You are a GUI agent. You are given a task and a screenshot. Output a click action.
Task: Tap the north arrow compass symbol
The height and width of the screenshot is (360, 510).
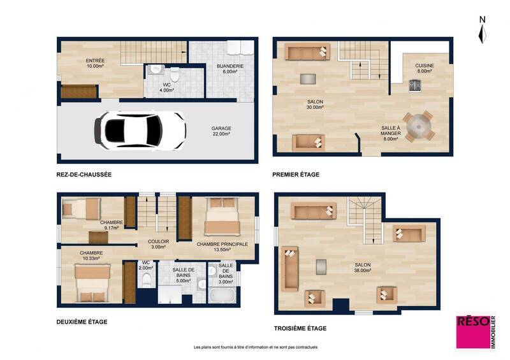[x=482, y=30]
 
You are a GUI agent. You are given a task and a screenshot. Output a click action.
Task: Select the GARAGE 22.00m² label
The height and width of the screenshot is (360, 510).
[x=221, y=131]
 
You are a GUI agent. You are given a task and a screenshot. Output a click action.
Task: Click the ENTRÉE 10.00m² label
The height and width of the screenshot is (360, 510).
[x=95, y=63]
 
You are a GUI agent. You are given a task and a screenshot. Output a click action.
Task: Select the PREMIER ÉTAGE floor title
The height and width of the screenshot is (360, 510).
[x=296, y=174]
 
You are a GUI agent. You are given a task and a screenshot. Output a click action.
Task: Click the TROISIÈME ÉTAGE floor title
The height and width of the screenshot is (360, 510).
[x=300, y=328]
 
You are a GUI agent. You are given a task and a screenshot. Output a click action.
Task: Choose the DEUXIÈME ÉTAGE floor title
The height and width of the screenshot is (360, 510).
[x=82, y=322]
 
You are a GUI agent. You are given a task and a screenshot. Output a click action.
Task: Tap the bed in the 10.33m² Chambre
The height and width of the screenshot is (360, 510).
[x=92, y=282]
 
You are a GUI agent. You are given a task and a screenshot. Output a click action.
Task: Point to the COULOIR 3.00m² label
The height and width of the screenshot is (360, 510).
[x=158, y=245]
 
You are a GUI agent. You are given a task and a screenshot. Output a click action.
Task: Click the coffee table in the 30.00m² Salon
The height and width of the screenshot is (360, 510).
[x=307, y=78]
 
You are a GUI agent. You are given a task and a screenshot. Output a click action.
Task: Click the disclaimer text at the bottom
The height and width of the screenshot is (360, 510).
[x=255, y=347]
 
